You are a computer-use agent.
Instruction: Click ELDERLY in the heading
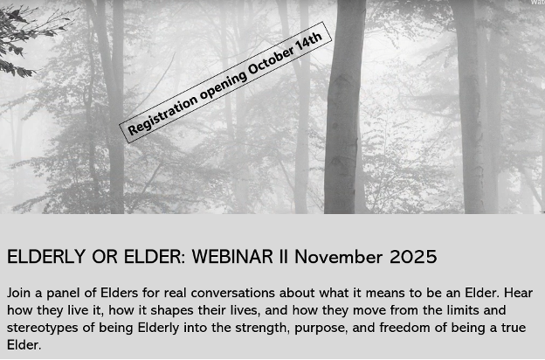pos(46,257)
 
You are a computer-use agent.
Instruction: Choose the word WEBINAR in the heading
pos(233,257)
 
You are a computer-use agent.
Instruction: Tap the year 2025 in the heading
pos(413,257)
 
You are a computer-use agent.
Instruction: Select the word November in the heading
pos(339,257)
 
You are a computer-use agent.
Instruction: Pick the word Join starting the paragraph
pos(19,293)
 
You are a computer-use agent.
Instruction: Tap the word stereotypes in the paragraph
pos(42,329)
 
